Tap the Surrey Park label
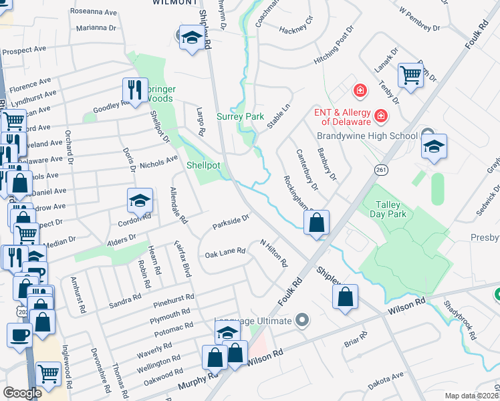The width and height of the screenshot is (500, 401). [x=241, y=116]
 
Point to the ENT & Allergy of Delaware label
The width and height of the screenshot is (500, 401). [x=346, y=117]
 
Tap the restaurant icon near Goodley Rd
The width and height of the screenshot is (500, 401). [x=135, y=91]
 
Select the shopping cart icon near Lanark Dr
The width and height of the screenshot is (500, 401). [x=410, y=75]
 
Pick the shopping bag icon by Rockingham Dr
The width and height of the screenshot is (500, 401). [x=317, y=223]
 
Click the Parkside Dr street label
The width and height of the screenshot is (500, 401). [x=231, y=220]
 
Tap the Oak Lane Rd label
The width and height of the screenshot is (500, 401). [x=225, y=253]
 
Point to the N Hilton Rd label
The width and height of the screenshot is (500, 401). [x=273, y=254]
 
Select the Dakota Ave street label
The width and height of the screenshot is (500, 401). [x=386, y=380]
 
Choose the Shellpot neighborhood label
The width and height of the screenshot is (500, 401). [x=203, y=165]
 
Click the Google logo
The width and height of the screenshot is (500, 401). [x=22, y=393]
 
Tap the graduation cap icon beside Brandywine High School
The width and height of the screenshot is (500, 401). [x=434, y=147]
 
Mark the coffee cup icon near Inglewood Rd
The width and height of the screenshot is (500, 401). [x=19, y=336]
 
